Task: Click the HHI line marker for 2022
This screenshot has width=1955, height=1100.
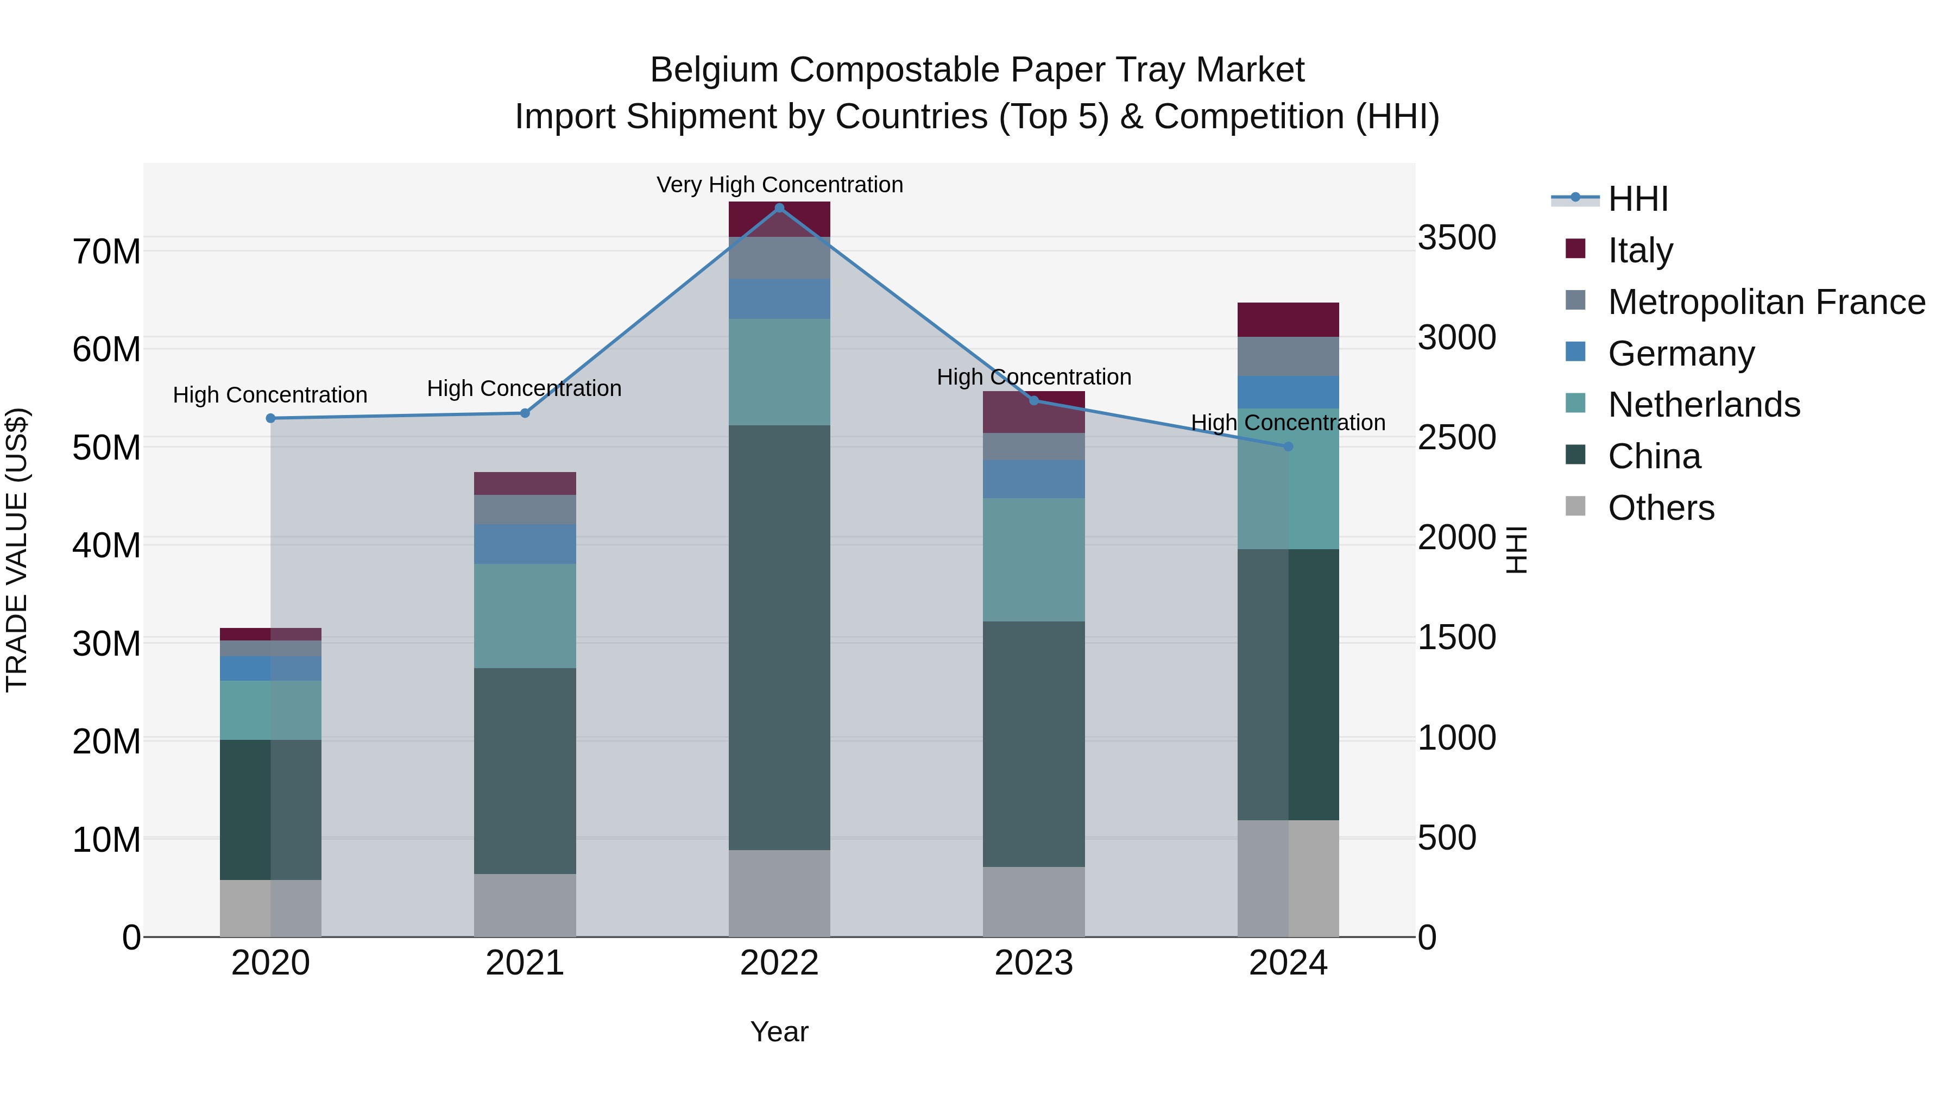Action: (779, 208)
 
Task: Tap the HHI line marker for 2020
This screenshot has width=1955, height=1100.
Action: (270, 418)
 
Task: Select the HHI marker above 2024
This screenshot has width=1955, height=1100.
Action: (1288, 447)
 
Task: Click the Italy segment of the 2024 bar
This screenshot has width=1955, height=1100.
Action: (1288, 319)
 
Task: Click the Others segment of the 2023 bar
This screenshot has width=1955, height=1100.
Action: (1033, 901)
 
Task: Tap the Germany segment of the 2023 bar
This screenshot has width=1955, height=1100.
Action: (1033, 479)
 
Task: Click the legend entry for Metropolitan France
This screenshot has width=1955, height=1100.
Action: (1766, 302)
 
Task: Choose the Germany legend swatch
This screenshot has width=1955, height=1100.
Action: (1575, 352)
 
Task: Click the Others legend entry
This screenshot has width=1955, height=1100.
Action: (1661, 508)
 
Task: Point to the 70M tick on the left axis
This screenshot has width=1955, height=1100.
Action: (106, 252)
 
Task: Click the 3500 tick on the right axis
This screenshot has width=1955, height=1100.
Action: (1456, 237)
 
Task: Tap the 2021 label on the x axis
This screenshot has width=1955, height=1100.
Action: (525, 964)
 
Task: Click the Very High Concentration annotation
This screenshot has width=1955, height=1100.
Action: (779, 185)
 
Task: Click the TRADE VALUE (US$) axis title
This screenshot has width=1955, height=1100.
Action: (17, 550)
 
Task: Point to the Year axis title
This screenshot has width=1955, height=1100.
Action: (779, 1032)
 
